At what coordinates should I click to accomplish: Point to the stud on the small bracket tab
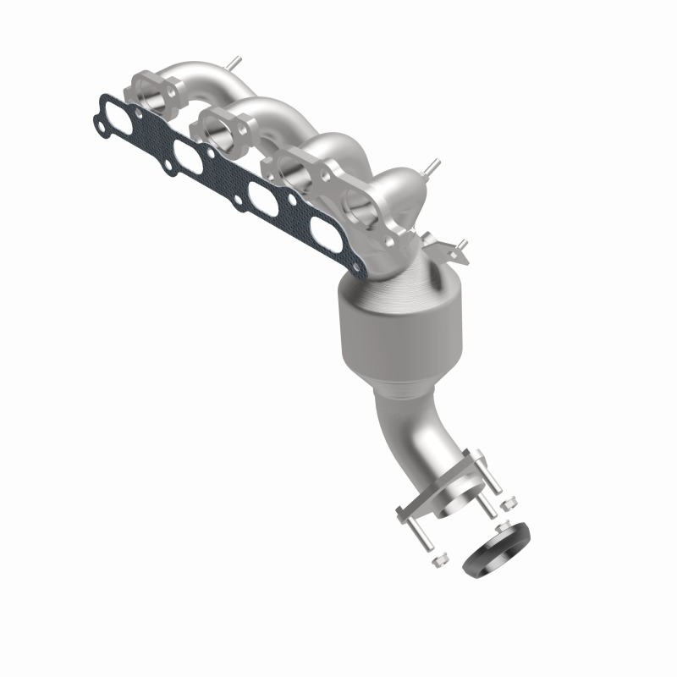pyautogui.click(x=462, y=246)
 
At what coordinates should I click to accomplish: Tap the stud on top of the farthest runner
pyautogui.click(x=230, y=63)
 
